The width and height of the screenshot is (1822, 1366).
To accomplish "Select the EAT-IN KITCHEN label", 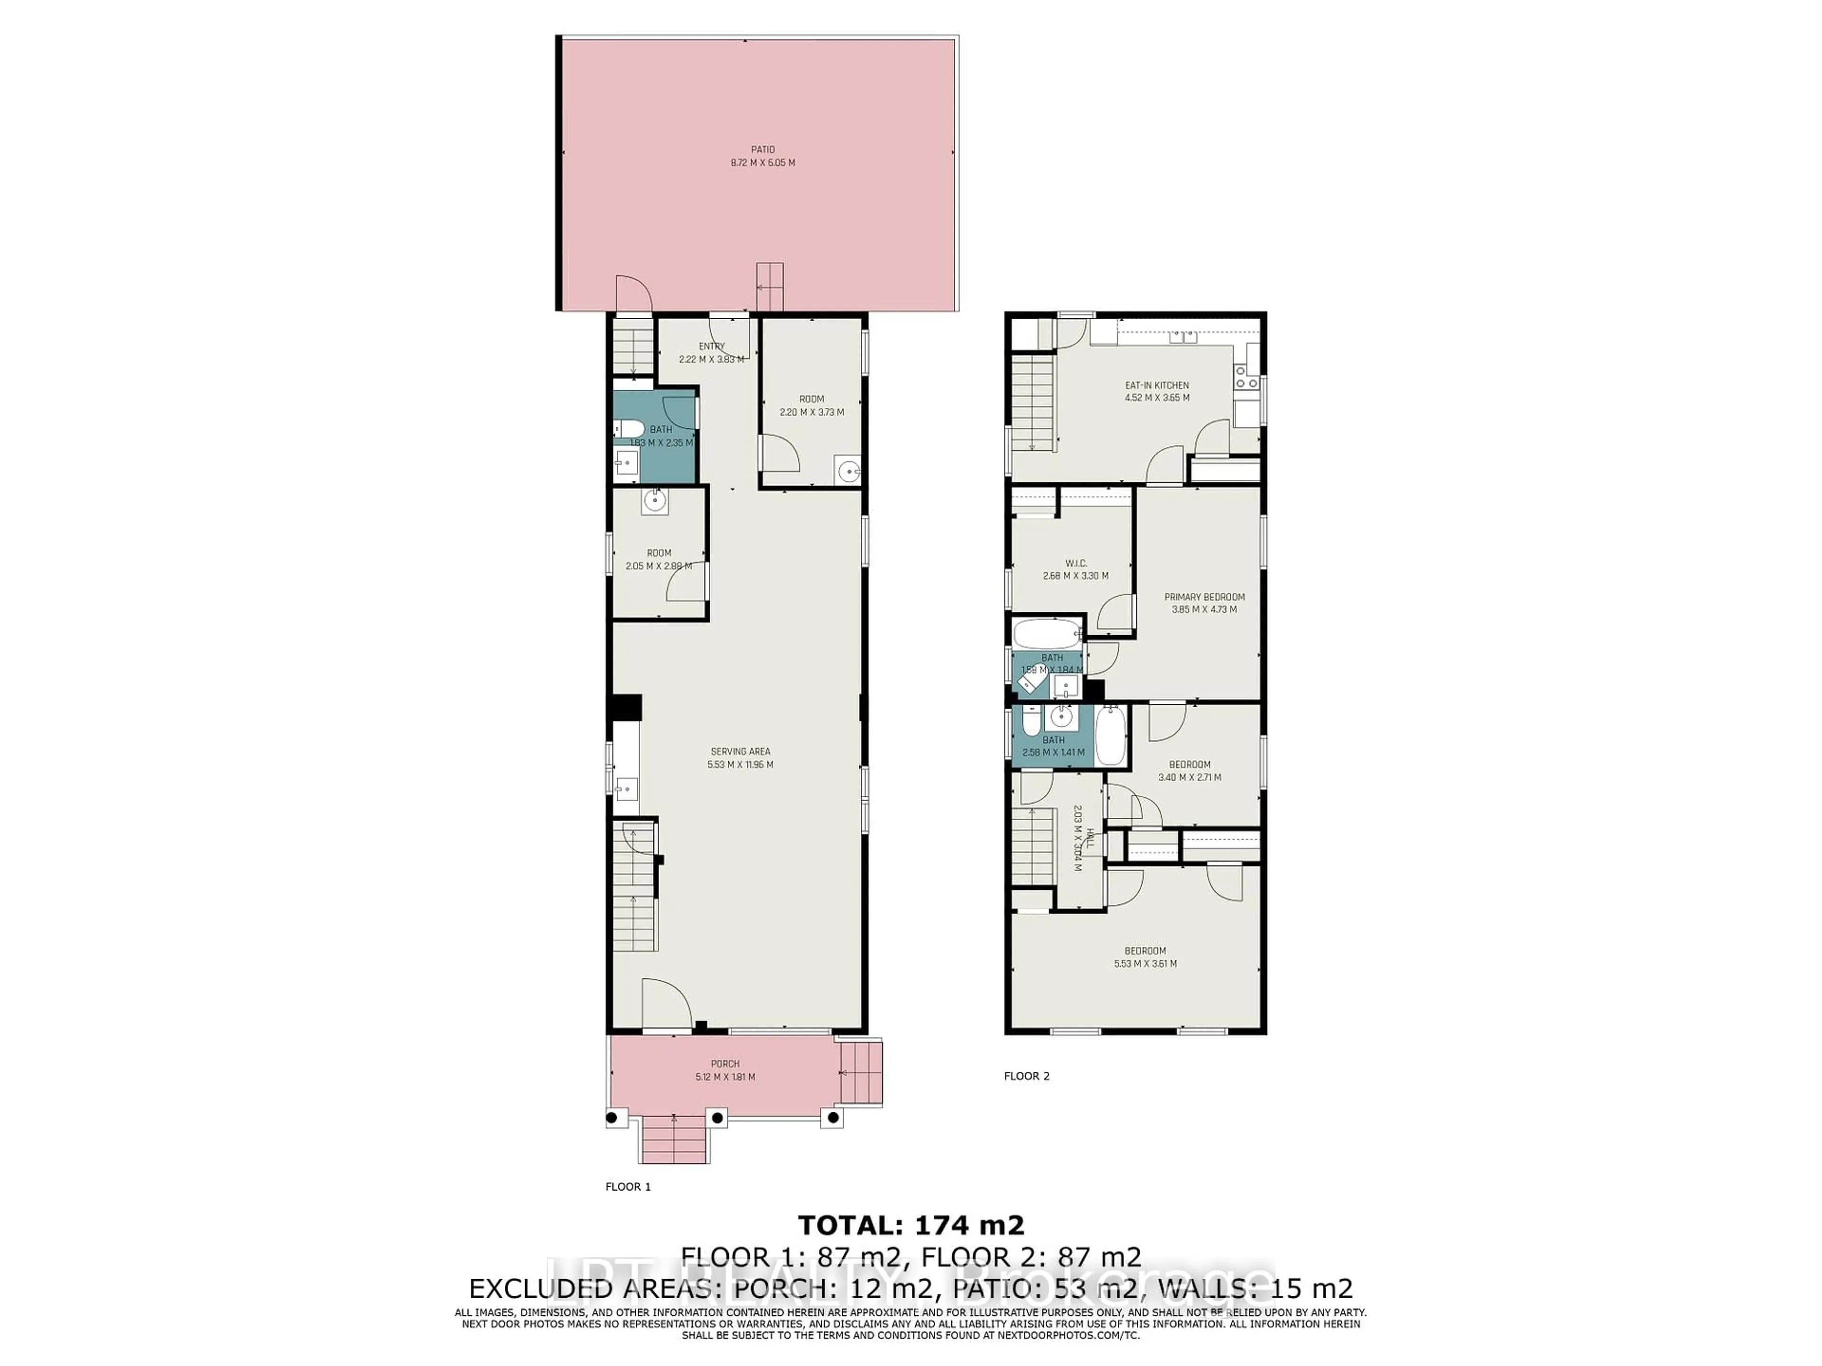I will (x=1156, y=385).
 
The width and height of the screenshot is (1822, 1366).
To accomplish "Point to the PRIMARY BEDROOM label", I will (x=1204, y=597).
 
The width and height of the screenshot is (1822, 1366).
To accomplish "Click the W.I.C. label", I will (x=1076, y=563).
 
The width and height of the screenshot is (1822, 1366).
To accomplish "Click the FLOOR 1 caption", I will (x=628, y=1187).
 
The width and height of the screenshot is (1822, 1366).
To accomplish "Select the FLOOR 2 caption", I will (x=1026, y=1075).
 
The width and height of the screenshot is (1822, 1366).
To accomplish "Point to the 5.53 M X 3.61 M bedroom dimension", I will (x=1145, y=963).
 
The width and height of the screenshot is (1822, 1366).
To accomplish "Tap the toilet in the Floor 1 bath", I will (x=629, y=429).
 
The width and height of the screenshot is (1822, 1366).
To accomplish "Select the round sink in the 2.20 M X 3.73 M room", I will (x=847, y=471).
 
